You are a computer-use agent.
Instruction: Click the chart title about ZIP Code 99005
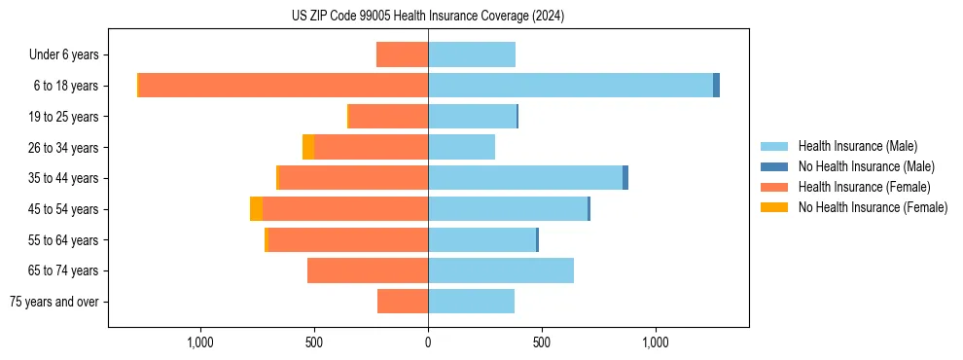point(427,17)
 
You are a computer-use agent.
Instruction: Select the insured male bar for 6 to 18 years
point(570,86)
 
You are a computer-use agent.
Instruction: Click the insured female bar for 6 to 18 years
point(283,86)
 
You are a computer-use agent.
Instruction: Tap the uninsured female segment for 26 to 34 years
point(308,147)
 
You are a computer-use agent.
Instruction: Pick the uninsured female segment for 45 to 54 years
point(256,209)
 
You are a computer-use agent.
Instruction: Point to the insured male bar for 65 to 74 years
point(501,270)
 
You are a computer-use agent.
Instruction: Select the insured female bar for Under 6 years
point(402,54)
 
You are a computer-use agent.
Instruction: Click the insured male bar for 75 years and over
point(471,302)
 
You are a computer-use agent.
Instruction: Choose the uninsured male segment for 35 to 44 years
point(625,178)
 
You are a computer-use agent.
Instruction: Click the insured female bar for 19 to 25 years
point(388,117)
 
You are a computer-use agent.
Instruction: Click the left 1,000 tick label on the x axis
point(200,342)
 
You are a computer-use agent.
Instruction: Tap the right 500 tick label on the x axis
point(542,342)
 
